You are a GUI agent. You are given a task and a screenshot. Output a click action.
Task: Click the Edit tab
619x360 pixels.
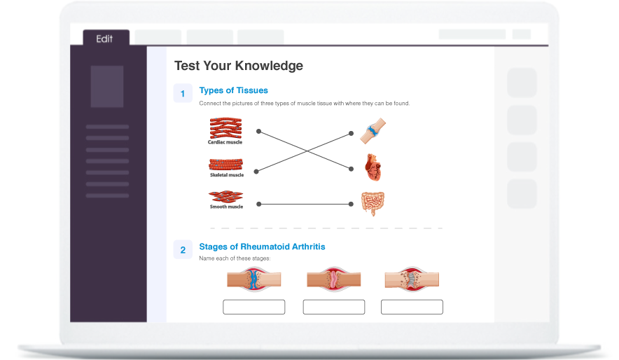pyautogui.click(x=104, y=39)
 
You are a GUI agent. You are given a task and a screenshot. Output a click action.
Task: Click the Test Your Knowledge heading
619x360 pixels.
pyautogui.click(x=238, y=66)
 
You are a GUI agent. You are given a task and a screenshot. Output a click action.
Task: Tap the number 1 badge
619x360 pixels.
pyautogui.click(x=183, y=94)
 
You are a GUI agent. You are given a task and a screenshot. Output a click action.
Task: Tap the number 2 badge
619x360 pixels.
pyautogui.click(x=183, y=250)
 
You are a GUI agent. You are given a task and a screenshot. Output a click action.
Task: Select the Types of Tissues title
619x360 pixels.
pyautogui.click(x=233, y=90)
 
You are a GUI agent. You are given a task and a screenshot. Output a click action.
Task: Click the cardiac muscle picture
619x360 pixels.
pyautogui.click(x=225, y=127)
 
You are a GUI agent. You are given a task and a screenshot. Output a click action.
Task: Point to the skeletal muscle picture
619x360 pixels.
pyautogui.click(x=226, y=165)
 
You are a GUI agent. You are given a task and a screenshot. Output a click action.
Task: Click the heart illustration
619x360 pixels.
pyautogui.click(x=373, y=168)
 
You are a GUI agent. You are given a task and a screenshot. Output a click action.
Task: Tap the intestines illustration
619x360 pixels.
pyautogui.click(x=373, y=203)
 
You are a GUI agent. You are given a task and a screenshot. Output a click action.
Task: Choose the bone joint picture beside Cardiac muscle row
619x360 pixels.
pyautogui.click(x=373, y=131)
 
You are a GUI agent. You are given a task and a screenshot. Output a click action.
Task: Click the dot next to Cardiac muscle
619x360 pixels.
pyautogui.click(x=258, y=131)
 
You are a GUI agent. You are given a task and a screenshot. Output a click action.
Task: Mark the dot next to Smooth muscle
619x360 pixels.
pyautogui.click(x=258, y=204)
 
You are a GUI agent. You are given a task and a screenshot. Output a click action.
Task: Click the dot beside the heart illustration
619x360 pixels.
pyautogui.click(x=351, y=168)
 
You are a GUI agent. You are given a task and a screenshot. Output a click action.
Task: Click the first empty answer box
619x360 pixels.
pyautogui.click(x=253, y=307)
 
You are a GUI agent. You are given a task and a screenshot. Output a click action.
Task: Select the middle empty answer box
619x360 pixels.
pyautogui.click(x=333, y=307)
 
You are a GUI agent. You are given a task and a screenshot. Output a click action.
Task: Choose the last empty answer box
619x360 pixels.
pyautogui.click(x=412, y=307)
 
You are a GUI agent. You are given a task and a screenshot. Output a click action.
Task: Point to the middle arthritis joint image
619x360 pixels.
pyautogui.click(x=333, y=279)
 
